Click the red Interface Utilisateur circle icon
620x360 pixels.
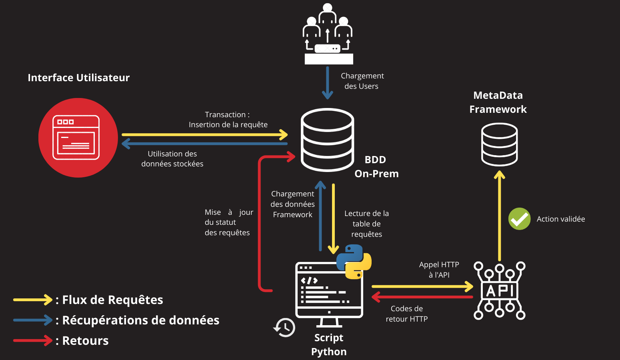(78, 138)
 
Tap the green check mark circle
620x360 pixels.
(519, 219)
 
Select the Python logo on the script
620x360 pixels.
(354, 262)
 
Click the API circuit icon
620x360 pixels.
(499, 290)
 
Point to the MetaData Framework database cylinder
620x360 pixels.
(499, 144)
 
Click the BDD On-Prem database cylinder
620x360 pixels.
(327, 140)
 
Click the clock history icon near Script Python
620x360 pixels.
(284, 328)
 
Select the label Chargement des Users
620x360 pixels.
(362, 81)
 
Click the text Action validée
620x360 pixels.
(560, 219)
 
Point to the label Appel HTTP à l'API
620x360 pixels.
(439, 270)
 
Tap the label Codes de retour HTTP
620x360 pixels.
(406, 314)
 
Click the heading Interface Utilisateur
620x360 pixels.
(79, 78)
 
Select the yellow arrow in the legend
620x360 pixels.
(32, 300)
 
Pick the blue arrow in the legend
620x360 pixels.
(32, 320)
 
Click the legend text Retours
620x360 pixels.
(85, 341)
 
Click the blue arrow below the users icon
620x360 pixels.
(327, 82)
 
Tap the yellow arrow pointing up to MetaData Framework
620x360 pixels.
(499, 216)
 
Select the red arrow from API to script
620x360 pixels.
(422, 297)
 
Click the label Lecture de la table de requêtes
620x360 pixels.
(366, 224)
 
